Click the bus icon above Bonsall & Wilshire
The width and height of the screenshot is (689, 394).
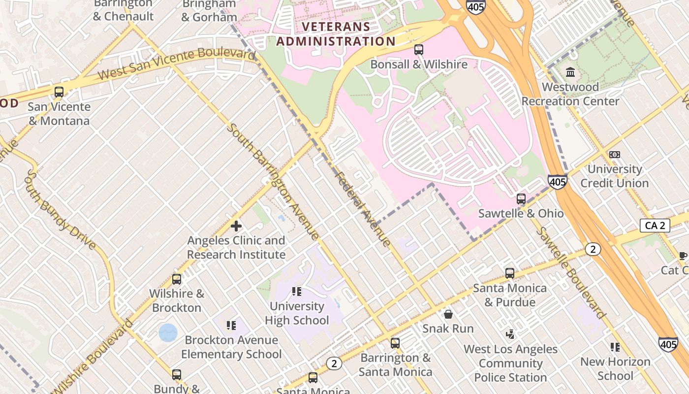point(418,50)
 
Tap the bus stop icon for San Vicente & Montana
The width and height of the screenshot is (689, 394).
point(59,92)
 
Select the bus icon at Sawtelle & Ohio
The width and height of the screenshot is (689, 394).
point(521,199)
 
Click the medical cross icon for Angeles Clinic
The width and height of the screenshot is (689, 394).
point(236,226)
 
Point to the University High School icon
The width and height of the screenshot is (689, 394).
point(296,292)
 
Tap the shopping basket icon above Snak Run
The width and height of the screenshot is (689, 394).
point(448,314)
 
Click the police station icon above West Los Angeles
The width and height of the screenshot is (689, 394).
point(510,334)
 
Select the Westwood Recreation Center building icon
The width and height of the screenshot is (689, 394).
point(570,73)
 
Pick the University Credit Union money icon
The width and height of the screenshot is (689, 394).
point(614,155)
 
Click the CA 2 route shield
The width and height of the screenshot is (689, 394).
point(655,226)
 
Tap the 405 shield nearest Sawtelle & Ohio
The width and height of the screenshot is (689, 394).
point(558,182)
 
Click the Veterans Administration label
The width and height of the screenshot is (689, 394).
point(336,34)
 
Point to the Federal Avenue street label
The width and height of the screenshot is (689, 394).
point(363,208)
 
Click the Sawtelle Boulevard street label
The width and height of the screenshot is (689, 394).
point(571,273)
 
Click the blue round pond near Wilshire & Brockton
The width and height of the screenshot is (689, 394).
point(168,332)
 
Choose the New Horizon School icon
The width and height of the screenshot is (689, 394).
point(615,347)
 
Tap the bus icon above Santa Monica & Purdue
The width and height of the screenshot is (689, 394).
point(510,273)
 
